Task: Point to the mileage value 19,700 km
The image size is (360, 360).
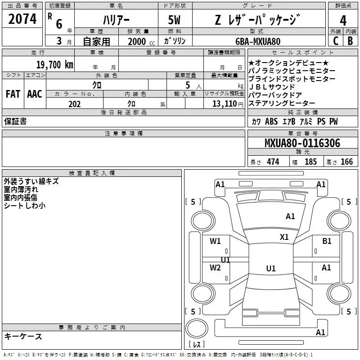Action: (54, 65)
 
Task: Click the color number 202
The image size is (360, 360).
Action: (74, 104)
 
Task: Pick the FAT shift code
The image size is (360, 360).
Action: (13, 94)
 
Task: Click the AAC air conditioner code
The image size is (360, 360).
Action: (34, 94)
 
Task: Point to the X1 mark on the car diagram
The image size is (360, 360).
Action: (284, 237)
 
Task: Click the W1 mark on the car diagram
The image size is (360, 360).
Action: (216, 241)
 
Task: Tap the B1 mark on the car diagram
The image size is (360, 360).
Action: (327, 241)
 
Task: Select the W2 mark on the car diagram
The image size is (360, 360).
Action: (216, 268)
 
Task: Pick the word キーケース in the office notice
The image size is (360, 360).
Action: (23, 337)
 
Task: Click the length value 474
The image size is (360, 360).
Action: (273, 162)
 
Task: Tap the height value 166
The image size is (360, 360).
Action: (346, 162)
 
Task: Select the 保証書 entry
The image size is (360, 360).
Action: (15, 121)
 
